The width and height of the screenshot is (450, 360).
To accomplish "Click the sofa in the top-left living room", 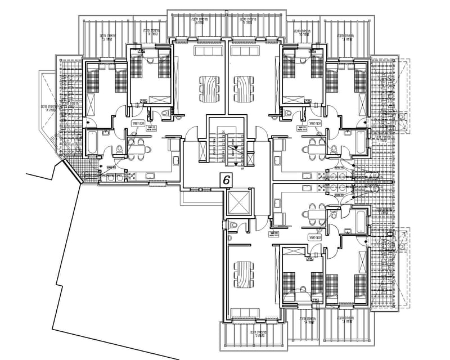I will (208, 52).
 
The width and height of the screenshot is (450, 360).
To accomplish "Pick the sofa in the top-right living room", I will (244, 52).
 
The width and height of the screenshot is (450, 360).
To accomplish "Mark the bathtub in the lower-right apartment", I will (359, 220).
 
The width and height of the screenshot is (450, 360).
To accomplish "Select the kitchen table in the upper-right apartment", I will (313, 148).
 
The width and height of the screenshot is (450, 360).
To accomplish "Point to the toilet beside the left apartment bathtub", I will (119, 150).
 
